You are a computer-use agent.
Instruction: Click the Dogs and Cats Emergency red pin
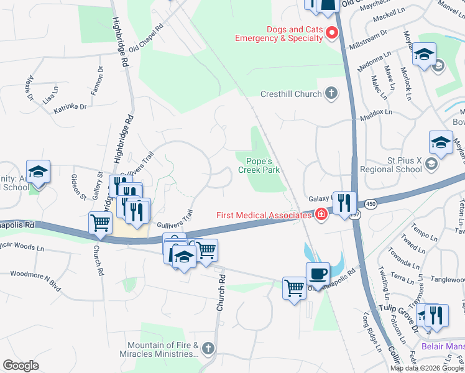point(332,33)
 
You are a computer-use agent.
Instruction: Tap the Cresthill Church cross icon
point(331,94)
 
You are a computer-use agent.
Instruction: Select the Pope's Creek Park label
point(259,165)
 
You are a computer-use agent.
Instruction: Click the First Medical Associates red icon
point(321,215)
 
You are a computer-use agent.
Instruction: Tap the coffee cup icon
point(317,273)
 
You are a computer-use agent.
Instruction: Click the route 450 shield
point(371,204)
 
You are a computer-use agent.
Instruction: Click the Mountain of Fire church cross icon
point(208,349)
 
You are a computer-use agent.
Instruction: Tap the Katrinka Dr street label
point(70,107)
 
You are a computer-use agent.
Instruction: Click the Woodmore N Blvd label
point(35,273)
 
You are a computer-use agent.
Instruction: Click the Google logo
point(20,366)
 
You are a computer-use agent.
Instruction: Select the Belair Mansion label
point(443,346)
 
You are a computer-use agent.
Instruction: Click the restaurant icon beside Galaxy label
point(344,202)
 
